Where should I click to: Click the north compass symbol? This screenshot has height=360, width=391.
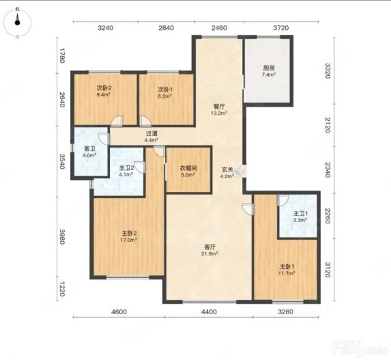[x=17, y=23]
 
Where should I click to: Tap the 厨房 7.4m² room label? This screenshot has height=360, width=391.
[x=269, y=71]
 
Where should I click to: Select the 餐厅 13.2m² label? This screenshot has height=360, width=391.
[x=219, y=109]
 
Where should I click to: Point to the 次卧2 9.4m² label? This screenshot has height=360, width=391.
[x=104, y=91]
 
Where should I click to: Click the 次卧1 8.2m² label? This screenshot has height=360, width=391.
[x=165, y=92]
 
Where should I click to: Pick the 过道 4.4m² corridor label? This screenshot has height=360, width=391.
[x=151, y=137]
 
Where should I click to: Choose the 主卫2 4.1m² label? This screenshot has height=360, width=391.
[x=126, y=171]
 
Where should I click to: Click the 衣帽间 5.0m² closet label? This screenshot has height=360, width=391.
[x=188, y=171]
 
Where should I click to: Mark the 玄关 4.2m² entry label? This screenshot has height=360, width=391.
[x=227, y=173]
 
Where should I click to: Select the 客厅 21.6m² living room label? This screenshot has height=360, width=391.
[x=209, y=250]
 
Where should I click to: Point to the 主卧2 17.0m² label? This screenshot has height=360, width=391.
[x=129, y=236]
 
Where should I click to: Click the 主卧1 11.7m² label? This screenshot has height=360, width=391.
[x=287, y=270]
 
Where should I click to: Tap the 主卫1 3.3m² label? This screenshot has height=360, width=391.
[x=300, y=217]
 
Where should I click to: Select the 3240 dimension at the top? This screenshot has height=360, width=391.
[x=106, y=28]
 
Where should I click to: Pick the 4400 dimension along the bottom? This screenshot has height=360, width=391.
[x=209, y=311]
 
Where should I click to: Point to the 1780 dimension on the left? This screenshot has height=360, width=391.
[x=62, y=55]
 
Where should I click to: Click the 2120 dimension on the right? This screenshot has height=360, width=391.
[x=328, y=125]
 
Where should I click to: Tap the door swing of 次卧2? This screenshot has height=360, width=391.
[x=117, y=120]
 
